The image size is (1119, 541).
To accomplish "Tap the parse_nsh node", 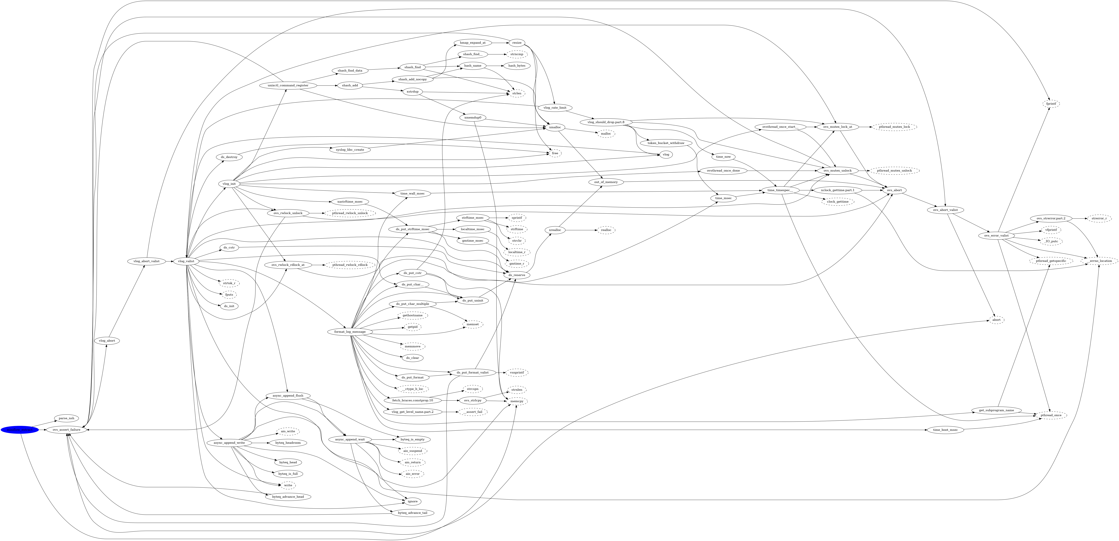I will (66, 418).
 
